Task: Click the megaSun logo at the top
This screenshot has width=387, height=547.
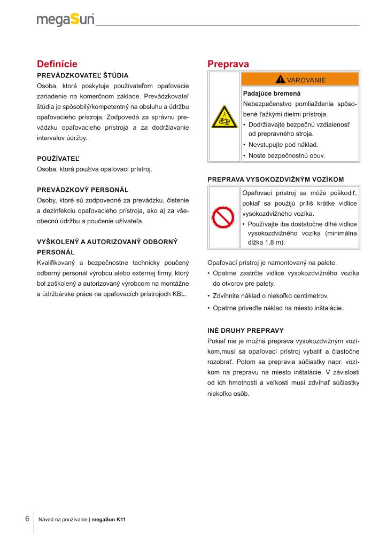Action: tap(66, 20)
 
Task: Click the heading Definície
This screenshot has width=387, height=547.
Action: tap(57, 64)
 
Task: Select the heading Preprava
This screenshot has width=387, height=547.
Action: tap(228, 64)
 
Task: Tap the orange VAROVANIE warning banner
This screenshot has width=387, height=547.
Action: tap(300, 80)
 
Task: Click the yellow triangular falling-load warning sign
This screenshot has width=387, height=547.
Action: tap(225, 116)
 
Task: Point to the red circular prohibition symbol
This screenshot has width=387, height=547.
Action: tap(224, 217)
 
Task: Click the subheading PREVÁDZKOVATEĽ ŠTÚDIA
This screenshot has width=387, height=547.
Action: tap(82, 75)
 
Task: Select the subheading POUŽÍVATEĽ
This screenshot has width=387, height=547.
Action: tap(58, 159)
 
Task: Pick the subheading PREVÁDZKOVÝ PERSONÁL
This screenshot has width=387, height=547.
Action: tap(82, 190)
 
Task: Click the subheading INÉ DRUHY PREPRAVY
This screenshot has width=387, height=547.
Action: tap(245, 330)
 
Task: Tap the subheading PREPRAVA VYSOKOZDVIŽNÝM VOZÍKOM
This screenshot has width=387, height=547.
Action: tap(275, 179)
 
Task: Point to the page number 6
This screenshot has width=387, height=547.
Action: tap(27, 519)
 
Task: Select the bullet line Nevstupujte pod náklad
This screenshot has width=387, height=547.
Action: tap(283, 145)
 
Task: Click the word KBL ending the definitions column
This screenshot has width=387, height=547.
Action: tap(176, 294)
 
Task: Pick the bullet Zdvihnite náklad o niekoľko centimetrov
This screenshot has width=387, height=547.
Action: tap(270, 296)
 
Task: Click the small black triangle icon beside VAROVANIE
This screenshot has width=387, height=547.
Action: tap(280, 80)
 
